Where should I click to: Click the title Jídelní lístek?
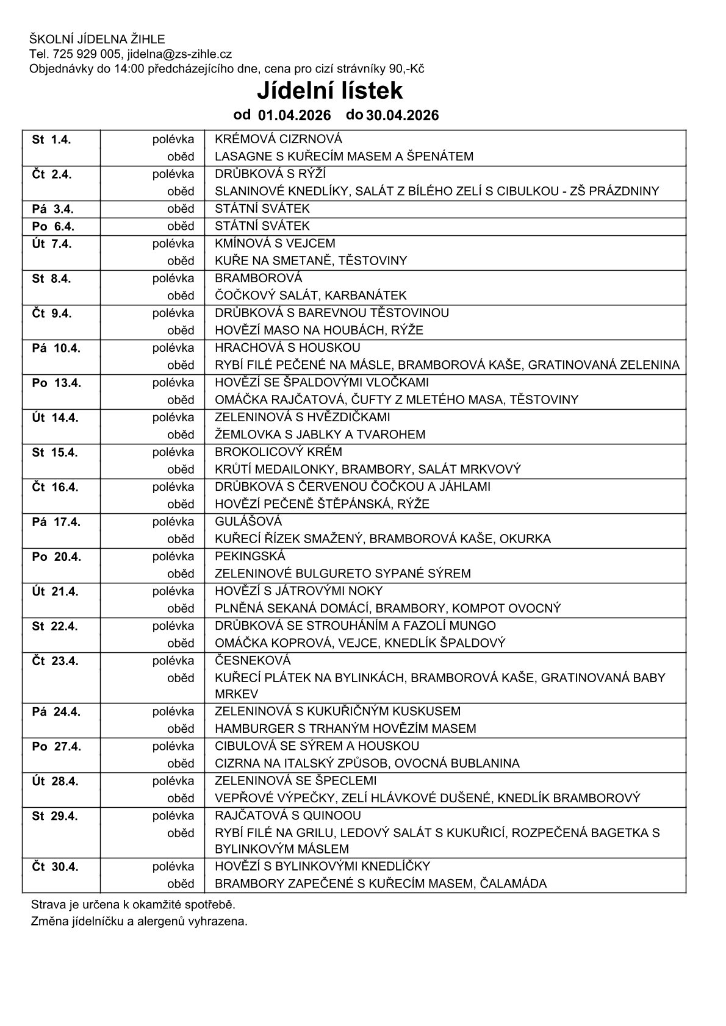pyautogui.click(x=329, y=91)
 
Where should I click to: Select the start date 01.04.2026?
pyautogui.click(x=294, y=115)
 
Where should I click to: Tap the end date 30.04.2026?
pyautogui.click(x=402, y=115)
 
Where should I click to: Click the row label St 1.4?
pyautogui.click(x=51, y=140)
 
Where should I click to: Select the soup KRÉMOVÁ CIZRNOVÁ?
pyautogui.click(x=278, y=139)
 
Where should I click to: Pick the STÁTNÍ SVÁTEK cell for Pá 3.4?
pyautogui.click(x=262, y=208)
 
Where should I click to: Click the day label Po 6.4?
pyautogui.click(x=52, y=227)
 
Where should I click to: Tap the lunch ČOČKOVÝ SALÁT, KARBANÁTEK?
pyautogui.click(x=311, y=296)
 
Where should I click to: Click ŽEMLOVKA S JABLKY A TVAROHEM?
pyautogui.click(x=320, y=435)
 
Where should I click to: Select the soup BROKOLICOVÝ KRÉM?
pyautogui.click(x=278, y=452)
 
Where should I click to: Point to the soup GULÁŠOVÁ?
pyautogui.click(x=248, y=521)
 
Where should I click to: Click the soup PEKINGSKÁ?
pyautogui.click(x=250, y=556)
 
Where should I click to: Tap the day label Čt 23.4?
pyautogui.click(x=55, y=661)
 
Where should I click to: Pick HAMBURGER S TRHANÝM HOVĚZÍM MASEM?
pyautogui.click(x=345, y=729)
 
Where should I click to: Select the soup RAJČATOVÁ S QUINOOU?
pyautogui.click(x=288, y=816)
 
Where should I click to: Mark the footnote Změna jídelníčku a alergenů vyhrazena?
pyautogui.click(x=139, y=921)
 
